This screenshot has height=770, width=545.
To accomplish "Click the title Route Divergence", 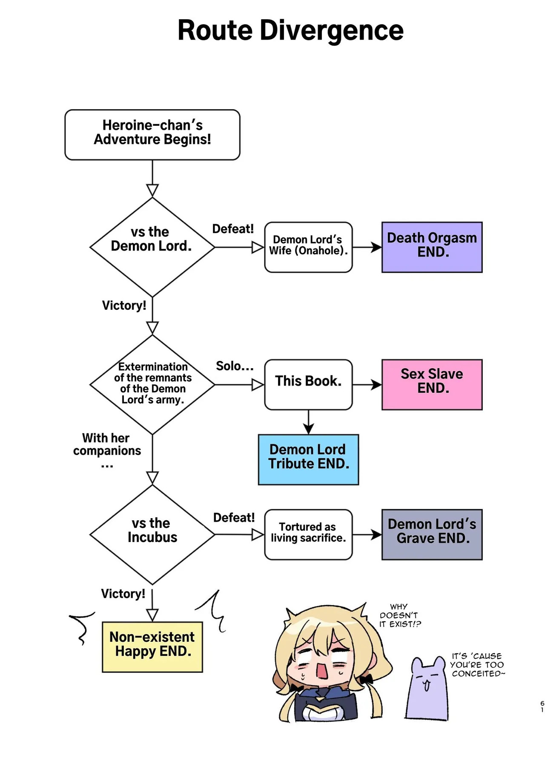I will point(290,31).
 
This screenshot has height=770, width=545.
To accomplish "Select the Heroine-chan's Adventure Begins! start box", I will point(152,135).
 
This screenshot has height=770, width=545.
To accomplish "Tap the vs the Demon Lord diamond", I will point(152,247).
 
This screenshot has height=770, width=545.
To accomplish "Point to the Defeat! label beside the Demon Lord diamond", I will point(233,229).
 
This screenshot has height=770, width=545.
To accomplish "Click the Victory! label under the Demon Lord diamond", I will point(124,305).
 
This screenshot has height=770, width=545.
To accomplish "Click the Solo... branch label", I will point(235,366).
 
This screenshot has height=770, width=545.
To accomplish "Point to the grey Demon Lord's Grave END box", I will point(432,534).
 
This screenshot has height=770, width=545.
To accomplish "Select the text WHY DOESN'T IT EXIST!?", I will point(399,615).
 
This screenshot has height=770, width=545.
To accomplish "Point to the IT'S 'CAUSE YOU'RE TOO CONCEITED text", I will point(477,665).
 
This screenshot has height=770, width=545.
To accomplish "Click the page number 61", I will point(542,706).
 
